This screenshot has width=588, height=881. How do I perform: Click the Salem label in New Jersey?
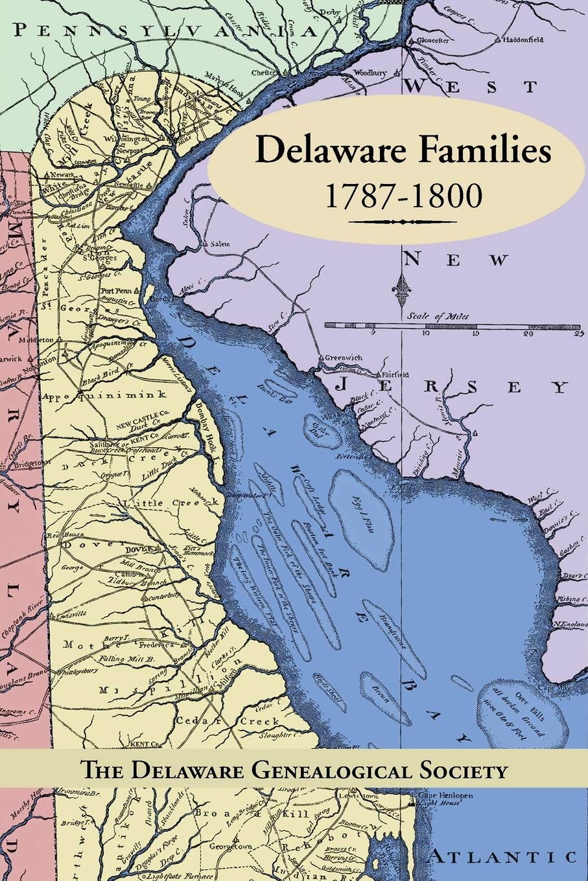(221, 244)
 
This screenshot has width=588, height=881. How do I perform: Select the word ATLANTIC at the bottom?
(502, 857)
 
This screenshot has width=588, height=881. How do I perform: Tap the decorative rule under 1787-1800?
(403, 222)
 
